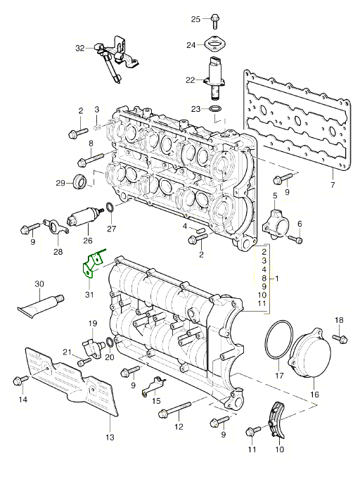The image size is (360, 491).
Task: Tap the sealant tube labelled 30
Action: pyautogui.click(x=41, y=305)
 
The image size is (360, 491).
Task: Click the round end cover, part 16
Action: pyautogui.click(x=311, y=356)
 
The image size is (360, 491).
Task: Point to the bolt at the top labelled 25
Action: pyautogui.click(x=214, y=20)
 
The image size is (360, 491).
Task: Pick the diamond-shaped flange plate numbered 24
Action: pyautogui.click(x=215, y=44)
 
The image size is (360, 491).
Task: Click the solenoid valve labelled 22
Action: pyautogui.click(x=214, y=78)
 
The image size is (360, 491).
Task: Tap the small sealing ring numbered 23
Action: pyautogui.click(x=215, y=109)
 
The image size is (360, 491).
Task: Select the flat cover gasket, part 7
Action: pyautogui.click(x=297, y=120)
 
